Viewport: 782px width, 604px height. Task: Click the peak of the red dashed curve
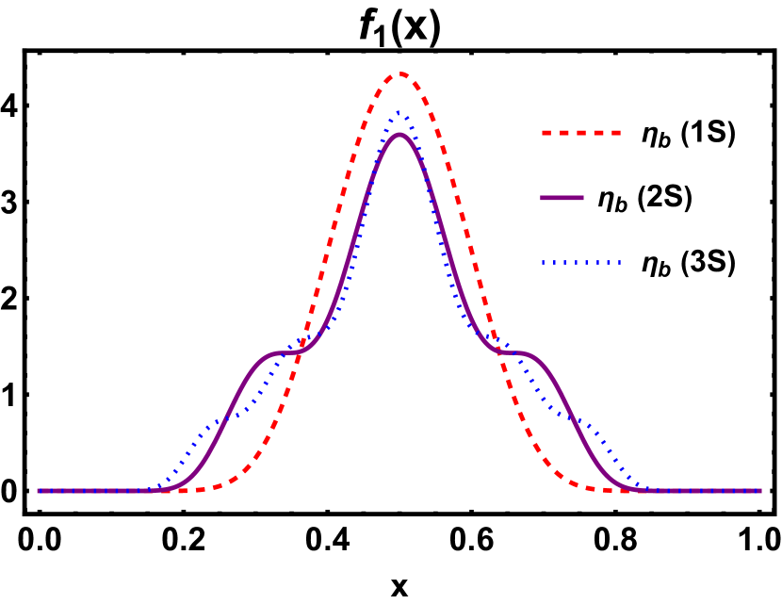pyautogui.click(x=400, y=73)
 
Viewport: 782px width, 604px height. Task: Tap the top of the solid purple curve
pyautogui.click(x=399, y=135)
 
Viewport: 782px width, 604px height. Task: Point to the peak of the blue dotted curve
pyautogui.click(x=399, y=113)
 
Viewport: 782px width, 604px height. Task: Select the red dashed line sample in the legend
pyautogui.click(x=581, y=133)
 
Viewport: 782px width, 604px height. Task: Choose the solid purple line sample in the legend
pyautogui.click(x=562, y=198)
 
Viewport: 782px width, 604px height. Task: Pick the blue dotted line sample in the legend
pyautogui.click(x=581, y=263)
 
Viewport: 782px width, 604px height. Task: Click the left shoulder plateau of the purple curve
pyautogui.click(x=280, y=353)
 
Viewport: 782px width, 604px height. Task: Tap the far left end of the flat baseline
pyautogui.click(x=39, y=491)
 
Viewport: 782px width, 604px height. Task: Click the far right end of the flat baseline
pyautogui.click(x=760, y=491)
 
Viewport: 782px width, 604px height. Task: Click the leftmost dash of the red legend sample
pyautogui.click(x=546, y=133)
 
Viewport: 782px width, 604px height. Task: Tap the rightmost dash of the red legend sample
pyautogui.click(x=615, y=133)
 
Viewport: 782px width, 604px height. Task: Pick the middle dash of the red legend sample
pyautogui.click(x=581, y=133)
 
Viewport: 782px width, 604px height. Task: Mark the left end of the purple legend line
pyautogui.click(x=542, y=198)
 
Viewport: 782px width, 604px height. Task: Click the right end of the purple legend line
pyautogui.click(x=583, y=198)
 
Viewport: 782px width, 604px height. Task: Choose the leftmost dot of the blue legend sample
pyautogui.click(x=544, y=263)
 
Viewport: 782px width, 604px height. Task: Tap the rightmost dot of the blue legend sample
pyautogui.click(x=619, y=263)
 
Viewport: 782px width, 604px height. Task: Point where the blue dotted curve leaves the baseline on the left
pyautogui.click(x=151, y=489)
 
